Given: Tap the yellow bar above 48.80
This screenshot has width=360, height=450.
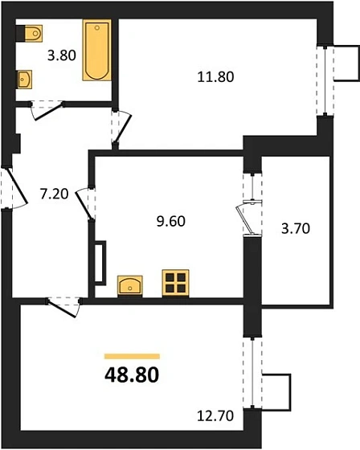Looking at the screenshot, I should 132,355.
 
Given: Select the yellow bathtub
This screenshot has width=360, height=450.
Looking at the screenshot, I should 96,51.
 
